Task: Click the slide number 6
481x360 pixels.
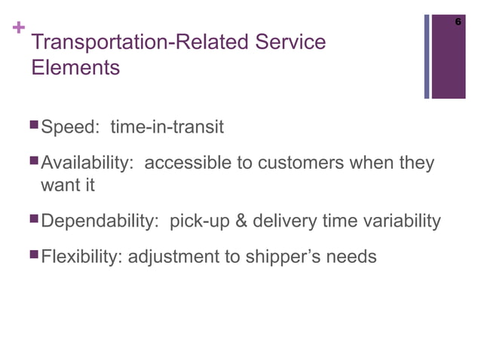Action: click(x=458, y=23)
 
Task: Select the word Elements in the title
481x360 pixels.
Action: click(x=76, y=68)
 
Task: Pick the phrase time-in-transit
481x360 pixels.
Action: click(x=167, y=127)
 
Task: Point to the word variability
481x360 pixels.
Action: click(x=401, y=221)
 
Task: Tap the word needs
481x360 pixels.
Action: click(x=352, y=258)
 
